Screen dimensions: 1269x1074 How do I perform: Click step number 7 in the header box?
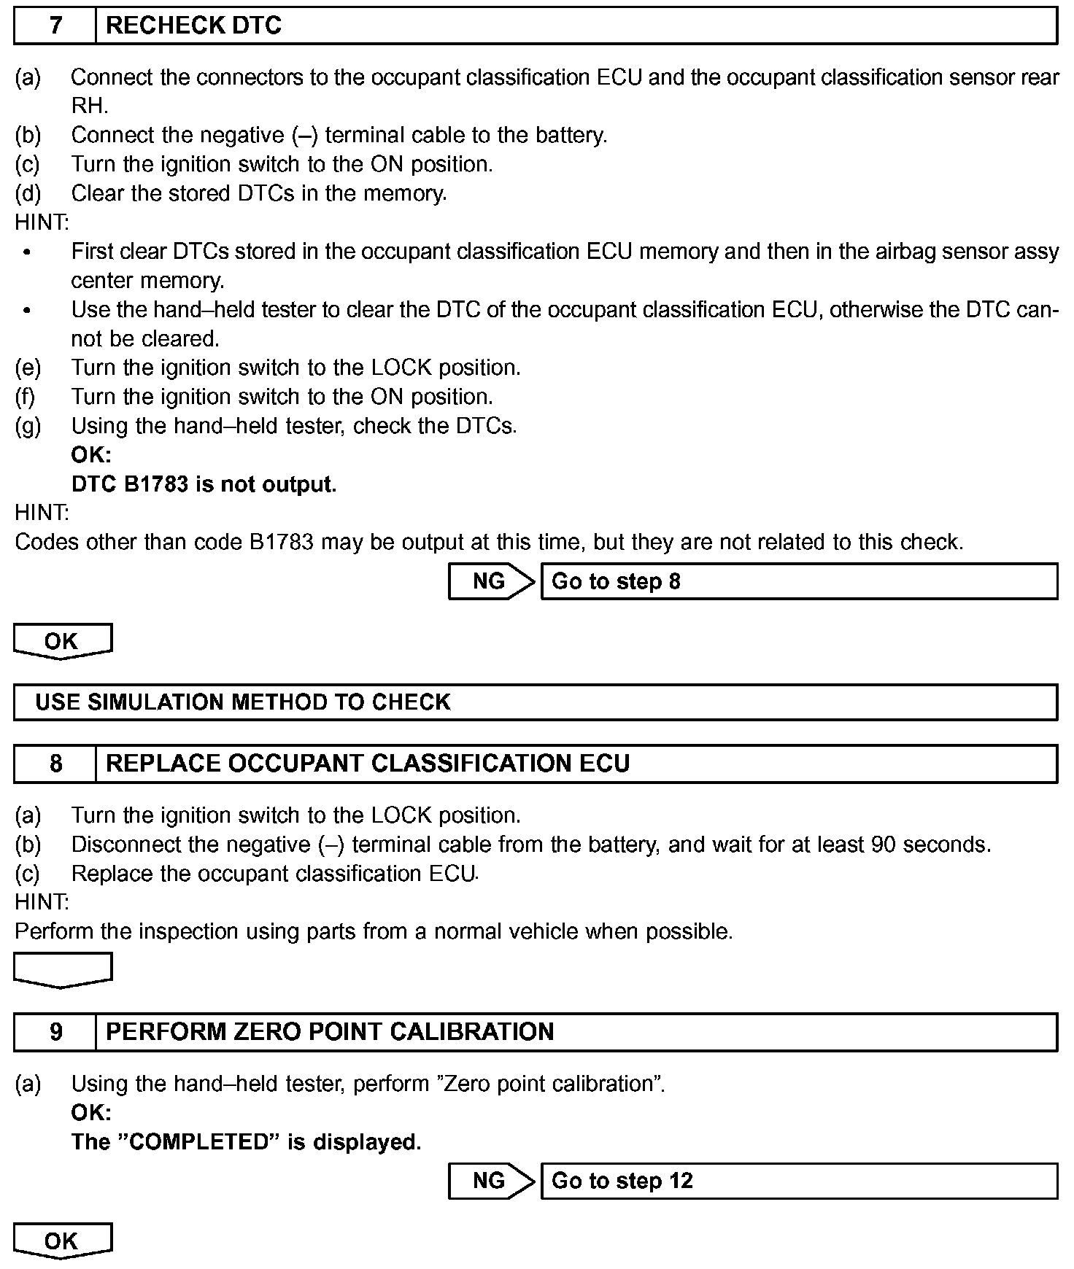55,26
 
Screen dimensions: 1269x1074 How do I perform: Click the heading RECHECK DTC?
193,26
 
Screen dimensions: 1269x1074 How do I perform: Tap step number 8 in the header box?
55,764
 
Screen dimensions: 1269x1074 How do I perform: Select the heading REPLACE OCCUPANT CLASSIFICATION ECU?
368,764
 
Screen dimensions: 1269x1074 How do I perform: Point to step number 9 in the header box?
55,1032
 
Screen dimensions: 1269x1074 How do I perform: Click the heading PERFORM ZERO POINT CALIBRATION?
330,1032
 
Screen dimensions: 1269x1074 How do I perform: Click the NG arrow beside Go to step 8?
490,581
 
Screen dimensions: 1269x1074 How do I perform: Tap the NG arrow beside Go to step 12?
490,1181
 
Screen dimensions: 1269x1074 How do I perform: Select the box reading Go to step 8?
799,581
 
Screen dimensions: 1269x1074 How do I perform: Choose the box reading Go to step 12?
799,1181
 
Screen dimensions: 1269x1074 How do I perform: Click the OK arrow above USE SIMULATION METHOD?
62,641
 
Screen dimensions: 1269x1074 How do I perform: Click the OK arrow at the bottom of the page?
62,1241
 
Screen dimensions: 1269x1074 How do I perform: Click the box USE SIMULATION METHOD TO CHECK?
535,702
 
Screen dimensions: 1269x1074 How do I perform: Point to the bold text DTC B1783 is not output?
204,484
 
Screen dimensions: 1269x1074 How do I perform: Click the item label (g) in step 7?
28,426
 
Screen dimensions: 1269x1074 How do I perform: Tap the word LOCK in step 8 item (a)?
401,815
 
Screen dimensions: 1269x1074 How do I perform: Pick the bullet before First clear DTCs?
27,252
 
